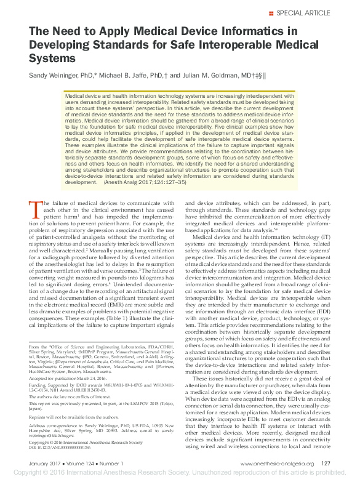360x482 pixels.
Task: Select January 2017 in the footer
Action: tap(45, 464)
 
